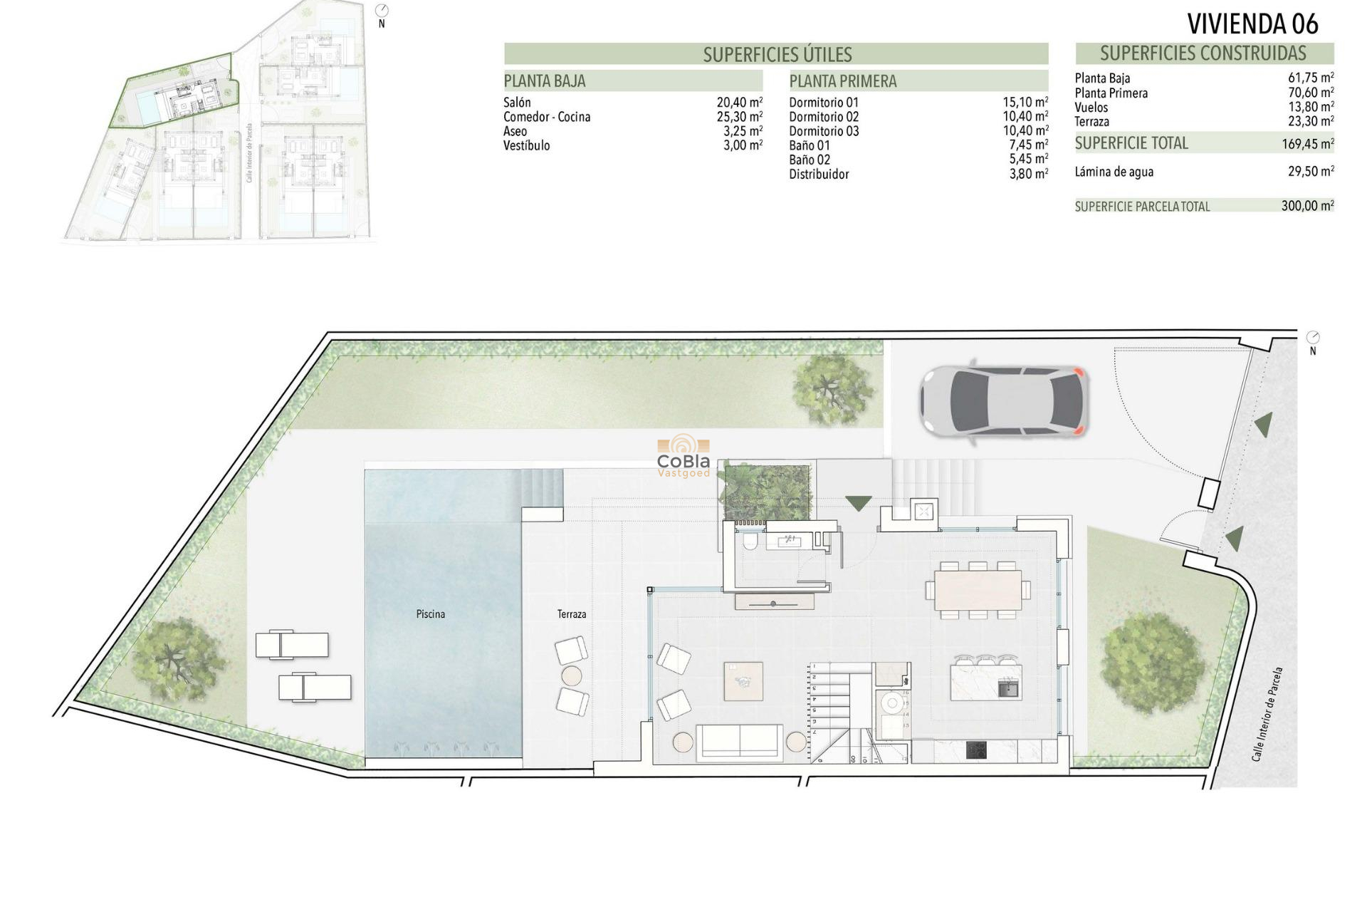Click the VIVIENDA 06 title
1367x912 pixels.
[1252, 24]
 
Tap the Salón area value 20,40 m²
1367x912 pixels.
[739, 103]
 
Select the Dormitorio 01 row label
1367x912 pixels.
[824, 103]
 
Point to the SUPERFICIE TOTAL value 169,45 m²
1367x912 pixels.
[1307, 144]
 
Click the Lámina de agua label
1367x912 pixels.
[1114, 172]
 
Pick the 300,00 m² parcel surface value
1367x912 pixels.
[1307, 206]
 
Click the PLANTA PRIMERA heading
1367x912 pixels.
[843, 81]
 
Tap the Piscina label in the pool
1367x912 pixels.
[430, 614]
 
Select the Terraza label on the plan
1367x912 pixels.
[572, 614]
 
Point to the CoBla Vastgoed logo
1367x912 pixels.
[683, 456]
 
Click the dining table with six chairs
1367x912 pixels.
[978, 591]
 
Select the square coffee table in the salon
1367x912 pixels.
[743, 681]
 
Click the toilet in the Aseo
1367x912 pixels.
[749, 544]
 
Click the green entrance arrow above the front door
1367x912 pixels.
[858, 503]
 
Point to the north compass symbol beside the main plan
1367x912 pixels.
[1313, 338]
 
